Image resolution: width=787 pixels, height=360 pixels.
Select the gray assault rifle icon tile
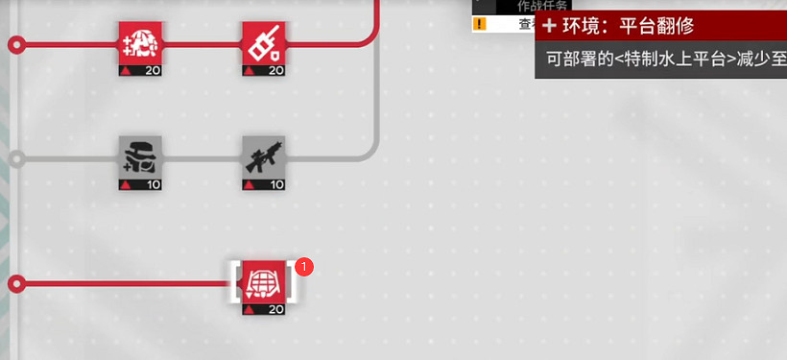(262, 156)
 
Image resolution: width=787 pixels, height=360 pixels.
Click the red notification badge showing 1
(305, 266)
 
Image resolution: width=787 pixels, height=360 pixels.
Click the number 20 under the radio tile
(275, 70)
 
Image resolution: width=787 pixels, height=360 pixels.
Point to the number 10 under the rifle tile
(275, 183)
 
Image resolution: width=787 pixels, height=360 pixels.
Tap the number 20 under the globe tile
(275, 309)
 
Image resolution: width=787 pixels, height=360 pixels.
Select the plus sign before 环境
(550, 26)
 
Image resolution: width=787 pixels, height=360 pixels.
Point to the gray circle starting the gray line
(16, 158)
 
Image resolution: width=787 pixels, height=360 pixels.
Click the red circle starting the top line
(16, 44)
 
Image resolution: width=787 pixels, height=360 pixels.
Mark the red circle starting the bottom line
(16, 284)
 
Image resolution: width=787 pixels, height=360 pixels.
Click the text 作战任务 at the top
(543, 6)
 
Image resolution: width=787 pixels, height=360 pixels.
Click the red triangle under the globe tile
(248, 310)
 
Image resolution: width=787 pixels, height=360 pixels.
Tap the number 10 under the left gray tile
(153, 183)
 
